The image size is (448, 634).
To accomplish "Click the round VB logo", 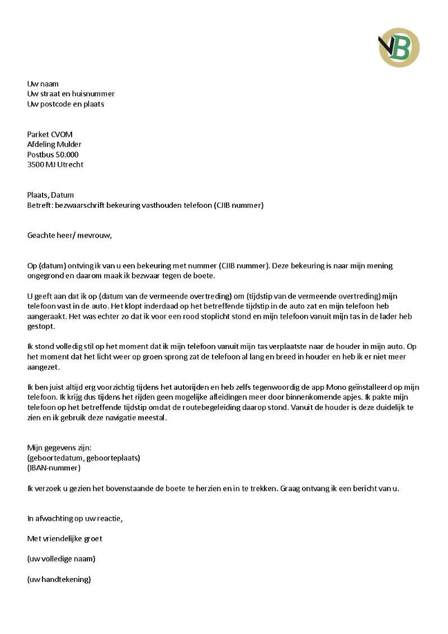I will [x=399, y=48].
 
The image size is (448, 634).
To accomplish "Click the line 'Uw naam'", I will [x=43, y=84].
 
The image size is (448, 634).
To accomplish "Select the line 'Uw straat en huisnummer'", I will [x=71, y=94].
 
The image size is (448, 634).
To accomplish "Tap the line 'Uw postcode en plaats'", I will [x=65, y=104].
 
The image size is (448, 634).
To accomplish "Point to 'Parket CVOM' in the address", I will [x=50, y=134].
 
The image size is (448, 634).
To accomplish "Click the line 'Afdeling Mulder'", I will [x=54, y=144].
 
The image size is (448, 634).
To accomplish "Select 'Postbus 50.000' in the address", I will [x=53, y=155].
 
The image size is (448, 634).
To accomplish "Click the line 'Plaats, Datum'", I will [x=50, y=195].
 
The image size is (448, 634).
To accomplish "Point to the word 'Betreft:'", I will [x=39, y=205].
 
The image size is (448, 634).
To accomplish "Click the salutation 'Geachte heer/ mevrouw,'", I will [x=70, y=235].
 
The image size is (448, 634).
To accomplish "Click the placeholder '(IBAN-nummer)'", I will [x=54, y=468].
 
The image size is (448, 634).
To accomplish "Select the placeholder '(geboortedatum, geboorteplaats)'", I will [x=84, y=458].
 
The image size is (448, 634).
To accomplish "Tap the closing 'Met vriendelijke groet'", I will [x=65, y=539].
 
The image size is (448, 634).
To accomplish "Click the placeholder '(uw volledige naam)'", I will [x=62, y=559].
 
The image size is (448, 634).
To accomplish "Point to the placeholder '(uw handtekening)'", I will [x=59, y=580].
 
